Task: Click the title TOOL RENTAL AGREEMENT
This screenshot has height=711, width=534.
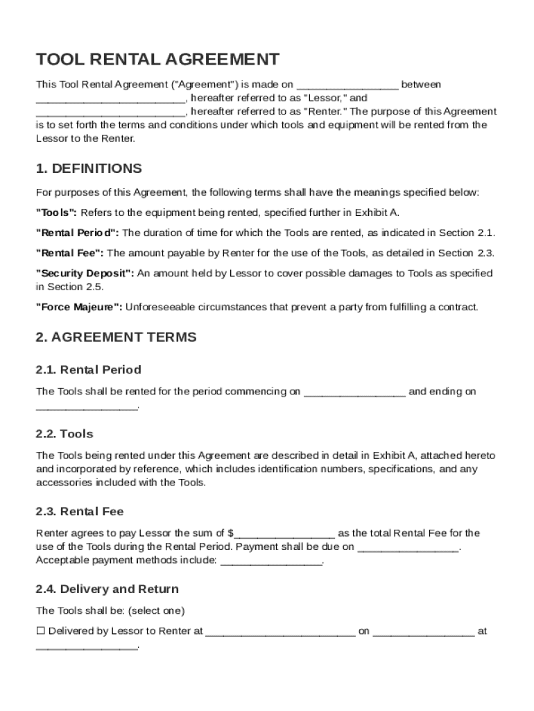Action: coord(157,59)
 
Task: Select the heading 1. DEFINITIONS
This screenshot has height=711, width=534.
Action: coord(89,169)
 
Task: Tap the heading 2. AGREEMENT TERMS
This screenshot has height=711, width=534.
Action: coord(116,337)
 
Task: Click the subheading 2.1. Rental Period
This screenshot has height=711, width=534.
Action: coord(88,369)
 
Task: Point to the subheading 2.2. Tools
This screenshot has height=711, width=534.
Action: coord(64,434)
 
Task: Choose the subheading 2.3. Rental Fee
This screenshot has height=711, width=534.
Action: coord(79,512)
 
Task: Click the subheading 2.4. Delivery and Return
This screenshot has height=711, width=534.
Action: coord(107,589)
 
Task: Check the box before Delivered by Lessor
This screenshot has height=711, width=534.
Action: coord(40,631)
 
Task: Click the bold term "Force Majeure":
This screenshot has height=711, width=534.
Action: coord(79,306)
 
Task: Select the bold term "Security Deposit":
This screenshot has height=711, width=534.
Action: coord(85,274)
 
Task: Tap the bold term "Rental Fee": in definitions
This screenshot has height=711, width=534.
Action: coord(70,253)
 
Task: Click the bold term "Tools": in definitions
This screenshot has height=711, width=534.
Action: coord(56,212)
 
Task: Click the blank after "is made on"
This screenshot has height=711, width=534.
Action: coord(347,85)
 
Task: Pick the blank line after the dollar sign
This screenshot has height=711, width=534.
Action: coord(285,534)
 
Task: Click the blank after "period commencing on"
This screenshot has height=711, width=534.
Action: coord(354,392)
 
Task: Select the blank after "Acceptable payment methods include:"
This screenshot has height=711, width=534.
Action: coord(271,561)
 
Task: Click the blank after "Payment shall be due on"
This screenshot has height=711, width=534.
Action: coord(408,548)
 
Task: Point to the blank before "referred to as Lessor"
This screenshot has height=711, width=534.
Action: coord(110,99)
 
